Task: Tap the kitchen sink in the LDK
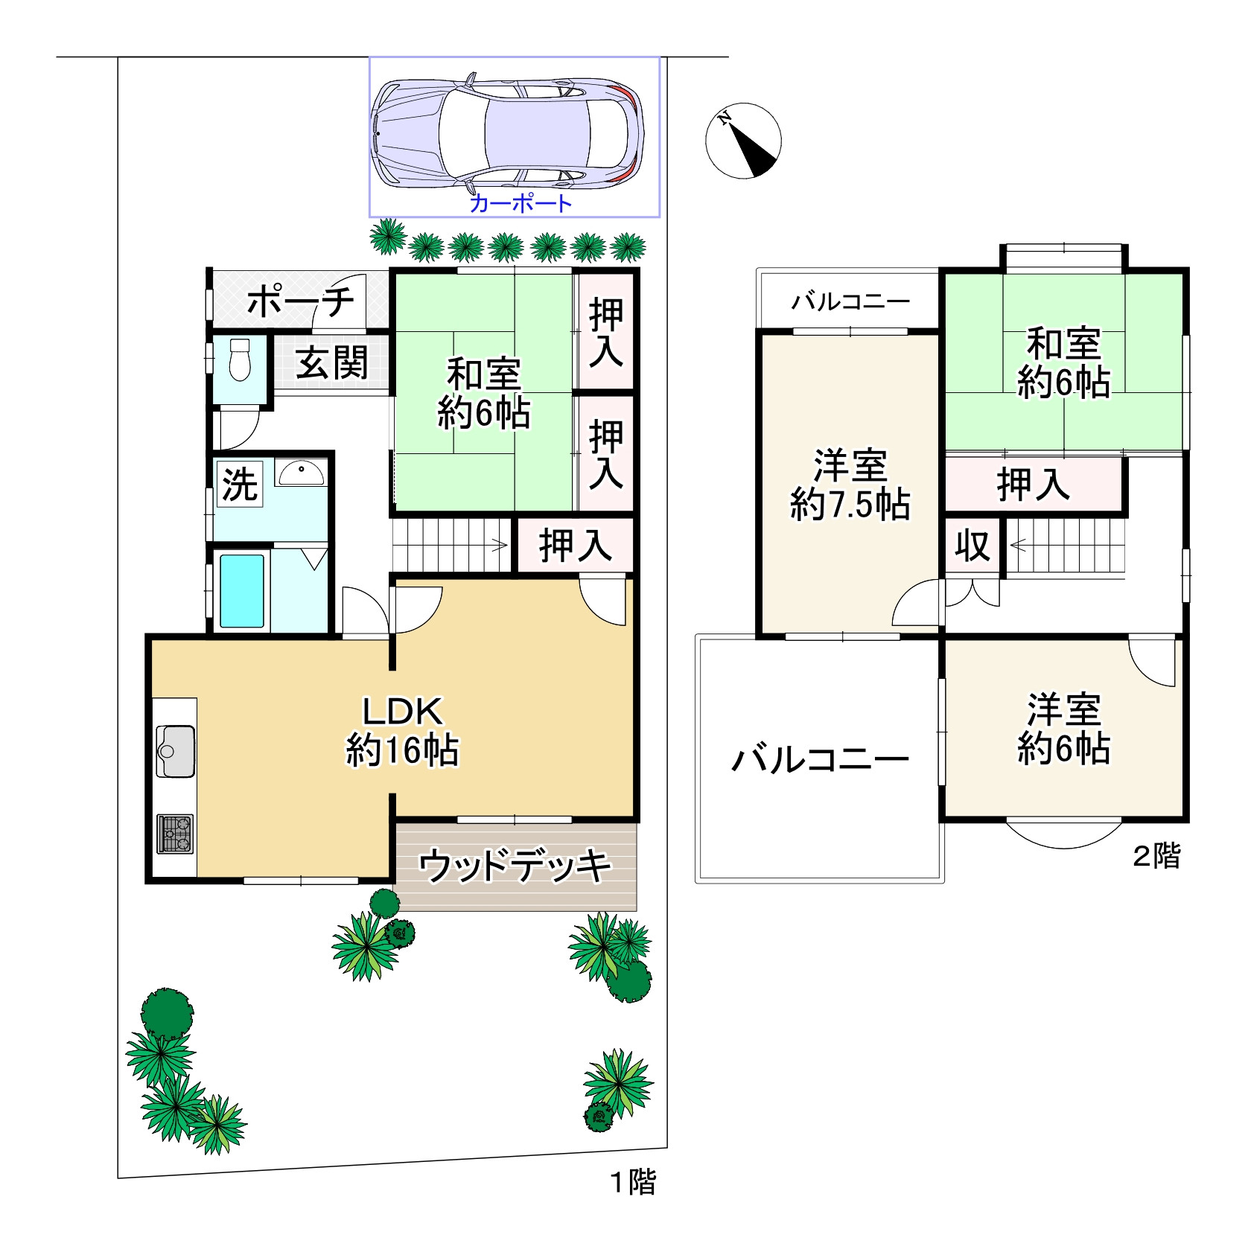[x=176, y=751]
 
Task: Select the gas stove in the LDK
[x=175, y=834]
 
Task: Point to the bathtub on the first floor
[x=242, y=591]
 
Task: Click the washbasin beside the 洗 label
[x=301, y=473]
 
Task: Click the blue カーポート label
[x=520, y=203]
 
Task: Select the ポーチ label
[x=301, y=301]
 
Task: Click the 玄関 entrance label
[x=332, y=363]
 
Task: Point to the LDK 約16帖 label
[x=402, y=731]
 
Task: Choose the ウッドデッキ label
[x=515, y=866]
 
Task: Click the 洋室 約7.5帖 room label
[x=850, y=485]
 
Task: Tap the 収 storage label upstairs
[x=972, y=546]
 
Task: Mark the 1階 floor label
[x=634, y=1182]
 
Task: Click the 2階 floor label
[x=1156, y=856]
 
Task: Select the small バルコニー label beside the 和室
[x=850, y=301]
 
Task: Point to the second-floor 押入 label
[x=1034, y=485]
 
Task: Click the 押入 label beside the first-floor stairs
[x=576, y=546]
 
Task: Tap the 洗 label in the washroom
[x=240, y=484]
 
